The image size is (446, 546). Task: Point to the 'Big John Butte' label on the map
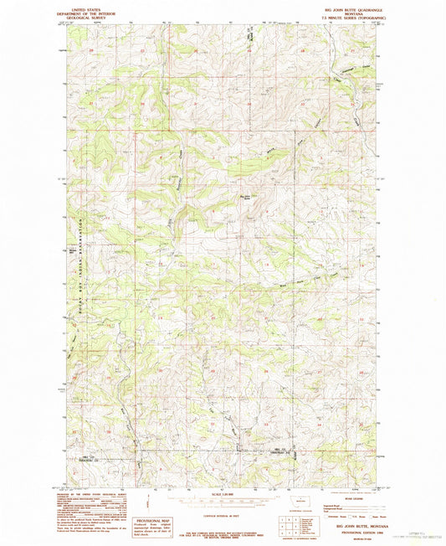[246, 198]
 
